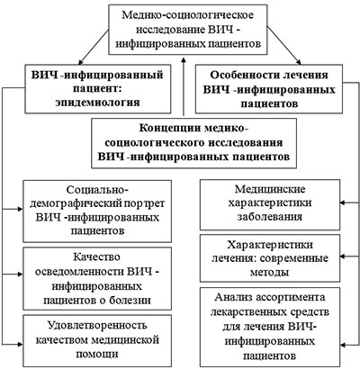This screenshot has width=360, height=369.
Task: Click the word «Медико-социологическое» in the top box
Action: coord(187,15)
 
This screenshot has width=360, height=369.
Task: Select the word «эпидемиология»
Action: coord(98,103)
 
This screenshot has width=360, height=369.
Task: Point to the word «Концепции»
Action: coord(170,128)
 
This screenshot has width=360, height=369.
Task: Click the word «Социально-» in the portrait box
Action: coord(97,190)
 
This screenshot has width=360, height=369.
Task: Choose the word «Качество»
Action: coord(97,257)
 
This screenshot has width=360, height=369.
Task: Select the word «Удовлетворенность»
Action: coord(97,326)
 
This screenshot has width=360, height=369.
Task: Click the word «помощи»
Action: coord(97,354)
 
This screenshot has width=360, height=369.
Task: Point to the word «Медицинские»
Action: coord(270,189)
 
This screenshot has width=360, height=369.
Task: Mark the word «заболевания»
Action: coord(270,217)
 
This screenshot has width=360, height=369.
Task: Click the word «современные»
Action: coord(294,258)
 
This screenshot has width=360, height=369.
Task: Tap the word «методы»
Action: coord(270,273)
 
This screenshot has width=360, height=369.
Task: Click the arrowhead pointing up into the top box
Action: coord(184,59)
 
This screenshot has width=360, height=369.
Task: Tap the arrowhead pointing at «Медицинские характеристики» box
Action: coord(343,202)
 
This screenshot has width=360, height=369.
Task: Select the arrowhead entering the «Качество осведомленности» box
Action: coord(20,274)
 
